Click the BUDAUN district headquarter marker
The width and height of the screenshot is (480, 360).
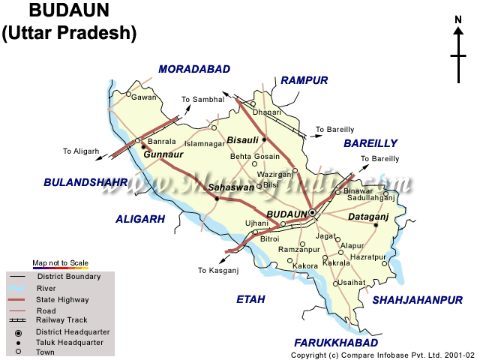click(x=313, y=213)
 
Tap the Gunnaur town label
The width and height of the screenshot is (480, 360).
click(x=164, y=154)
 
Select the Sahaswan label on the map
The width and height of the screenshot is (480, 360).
click(x=231, y=187)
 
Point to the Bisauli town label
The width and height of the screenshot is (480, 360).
click(x=242, y=139)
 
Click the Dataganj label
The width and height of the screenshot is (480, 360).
click(x=367, y=217)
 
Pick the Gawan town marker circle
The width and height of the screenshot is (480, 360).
click(x=129, y=95)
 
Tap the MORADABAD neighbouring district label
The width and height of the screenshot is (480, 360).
click(x=194, y=69)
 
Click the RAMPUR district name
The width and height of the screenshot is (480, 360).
click(x=304, y=80)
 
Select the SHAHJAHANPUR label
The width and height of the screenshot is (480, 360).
click(x=418, y=300)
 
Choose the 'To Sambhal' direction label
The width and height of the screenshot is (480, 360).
click(x=202, y=99)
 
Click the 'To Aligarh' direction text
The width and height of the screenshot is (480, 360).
click(x=81, y=151)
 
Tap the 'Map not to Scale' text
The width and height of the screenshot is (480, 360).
click(x=60, y=263)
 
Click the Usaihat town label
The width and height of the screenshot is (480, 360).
click(x=352, y=282)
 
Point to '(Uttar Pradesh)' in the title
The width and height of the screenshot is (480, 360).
click(x=70, y=33)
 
